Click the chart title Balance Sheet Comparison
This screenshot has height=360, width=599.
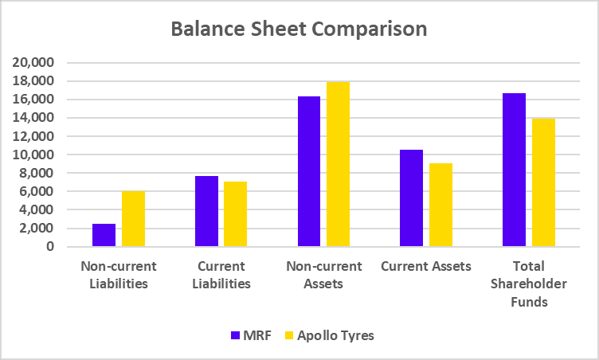299,29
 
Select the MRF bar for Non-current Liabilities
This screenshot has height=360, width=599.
104,235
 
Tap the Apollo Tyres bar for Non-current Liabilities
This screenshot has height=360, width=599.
133,218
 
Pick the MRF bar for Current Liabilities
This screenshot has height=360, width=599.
206,211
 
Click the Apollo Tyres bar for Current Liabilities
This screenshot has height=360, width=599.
235,213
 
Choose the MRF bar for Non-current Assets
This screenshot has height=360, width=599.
309,171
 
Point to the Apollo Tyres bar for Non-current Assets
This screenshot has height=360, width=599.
338,164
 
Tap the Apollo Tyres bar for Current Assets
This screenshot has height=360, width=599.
440,205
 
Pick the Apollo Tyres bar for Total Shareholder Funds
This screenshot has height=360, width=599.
543,182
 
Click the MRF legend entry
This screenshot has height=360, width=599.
253,335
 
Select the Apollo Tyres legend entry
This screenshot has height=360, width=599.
328,335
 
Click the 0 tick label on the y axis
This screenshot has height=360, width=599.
49,247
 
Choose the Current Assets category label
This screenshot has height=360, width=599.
426,266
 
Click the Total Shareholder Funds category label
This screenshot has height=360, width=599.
529,284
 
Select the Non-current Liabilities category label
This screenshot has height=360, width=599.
119,275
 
